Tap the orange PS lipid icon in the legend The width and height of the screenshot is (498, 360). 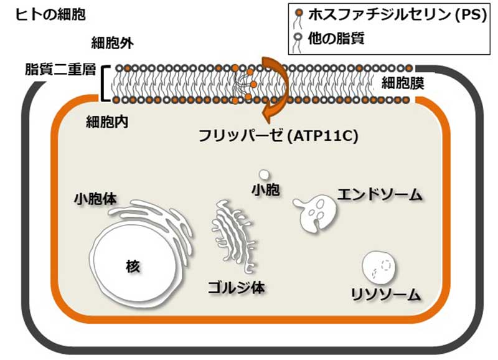pyautogui.click(x=299, y=12)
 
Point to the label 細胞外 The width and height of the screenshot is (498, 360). pyautogui.click(x=113, y=43)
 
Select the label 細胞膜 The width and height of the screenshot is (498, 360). pyautogui.click(x=402, y=83)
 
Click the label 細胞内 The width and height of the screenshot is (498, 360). pyautogui.click(x=106, y=121)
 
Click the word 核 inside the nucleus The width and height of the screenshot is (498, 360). pyautogui.click(x=133, y=266)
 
